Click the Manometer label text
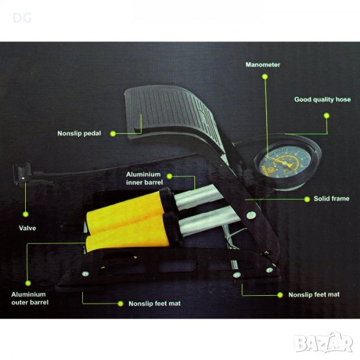point(263,64)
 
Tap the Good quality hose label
point(322,100)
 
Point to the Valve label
point(26,228)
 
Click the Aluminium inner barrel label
point(145,178)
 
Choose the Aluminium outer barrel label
point(29,298)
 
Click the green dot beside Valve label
point(26,213)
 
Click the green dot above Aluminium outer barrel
point(28,280)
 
